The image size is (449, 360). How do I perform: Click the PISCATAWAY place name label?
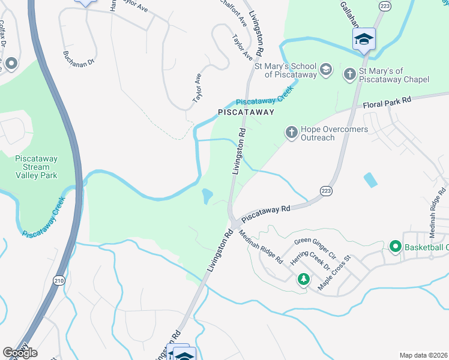pyautogui.click(x=246, y=112)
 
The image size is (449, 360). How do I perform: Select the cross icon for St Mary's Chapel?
pyautogui.click(x=350, y=74)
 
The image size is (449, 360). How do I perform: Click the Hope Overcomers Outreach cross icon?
pyautogui.click(x=291, y=132)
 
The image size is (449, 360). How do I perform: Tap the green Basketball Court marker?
pyautogui.click(x=396, y=247)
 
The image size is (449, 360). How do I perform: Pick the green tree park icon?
pyautogui.click(x=304, y=279)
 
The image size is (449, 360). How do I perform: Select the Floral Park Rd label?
pyautogui.click(x=387, y=103)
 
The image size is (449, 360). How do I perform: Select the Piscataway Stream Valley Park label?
pyautogui.click(x=36, y=167)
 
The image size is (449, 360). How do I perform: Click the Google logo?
pyautogui.click(x=19, y=353)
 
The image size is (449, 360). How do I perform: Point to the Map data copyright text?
pyautogui.click(x=423, y=355)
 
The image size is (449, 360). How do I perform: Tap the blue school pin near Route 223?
pyautogui.click(x=364, y=40)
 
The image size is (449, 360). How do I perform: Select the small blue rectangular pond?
pyautogui.click(x=371, y=179)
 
